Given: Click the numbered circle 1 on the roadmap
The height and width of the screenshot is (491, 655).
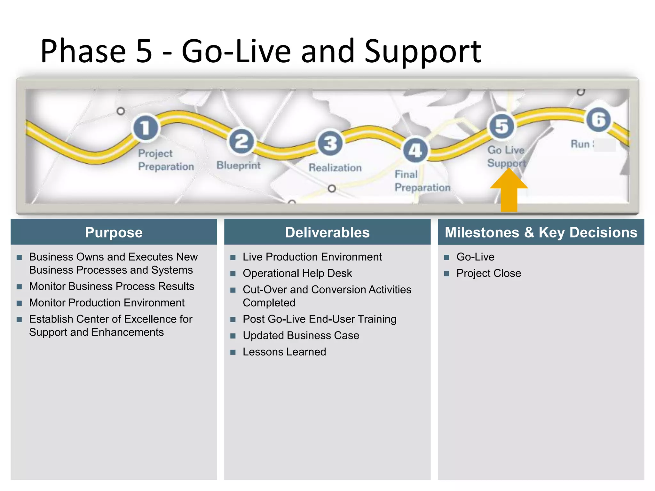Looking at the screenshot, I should [x=146, y=128].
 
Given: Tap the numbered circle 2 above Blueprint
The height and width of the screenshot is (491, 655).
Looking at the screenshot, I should [x=241, y=142].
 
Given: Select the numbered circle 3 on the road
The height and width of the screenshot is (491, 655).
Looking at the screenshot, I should [x=330, y=143].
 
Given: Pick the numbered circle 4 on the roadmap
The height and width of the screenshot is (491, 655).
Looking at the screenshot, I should [x=415, y=151].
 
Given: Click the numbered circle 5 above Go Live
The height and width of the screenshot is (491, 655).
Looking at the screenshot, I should [x=502, y=126].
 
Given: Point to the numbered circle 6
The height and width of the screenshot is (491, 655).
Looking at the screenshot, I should [x=598, y=120].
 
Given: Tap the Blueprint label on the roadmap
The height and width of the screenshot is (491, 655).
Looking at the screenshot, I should [x=238, y=165].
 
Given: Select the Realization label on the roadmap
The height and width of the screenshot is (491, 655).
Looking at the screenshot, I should [x=335, y=168].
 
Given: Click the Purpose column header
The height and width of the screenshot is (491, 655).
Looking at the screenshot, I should [x=114, y=232].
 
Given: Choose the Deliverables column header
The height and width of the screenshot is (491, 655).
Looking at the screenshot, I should [x=327, y=232].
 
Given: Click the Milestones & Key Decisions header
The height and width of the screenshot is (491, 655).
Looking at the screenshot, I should [x=541, y=232].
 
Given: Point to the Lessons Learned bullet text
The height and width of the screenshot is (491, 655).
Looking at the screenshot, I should [x=284, y=352].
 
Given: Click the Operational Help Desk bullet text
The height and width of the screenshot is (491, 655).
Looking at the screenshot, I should [x=297, y=273].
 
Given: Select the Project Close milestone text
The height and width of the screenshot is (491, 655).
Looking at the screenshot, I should [x=488, y=273].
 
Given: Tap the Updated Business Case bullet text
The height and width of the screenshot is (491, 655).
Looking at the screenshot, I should [x=301, y=336].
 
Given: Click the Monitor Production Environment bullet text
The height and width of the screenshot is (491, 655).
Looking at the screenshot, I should [x=107, y=303].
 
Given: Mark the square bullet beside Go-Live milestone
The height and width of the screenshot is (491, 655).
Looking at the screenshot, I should [x=447, y=257].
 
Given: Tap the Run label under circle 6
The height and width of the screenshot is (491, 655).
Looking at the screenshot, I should [x=580, y=144].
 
